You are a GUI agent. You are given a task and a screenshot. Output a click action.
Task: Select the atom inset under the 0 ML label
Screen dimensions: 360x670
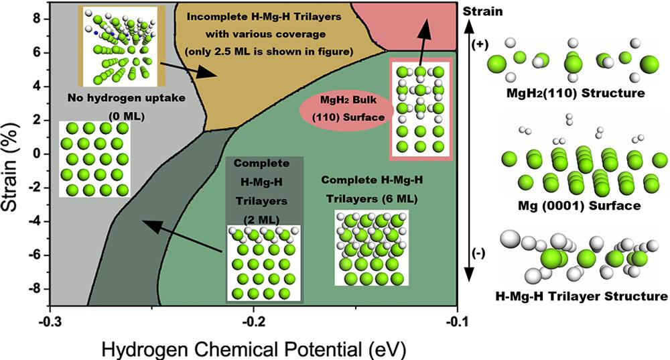pyautogui.click(x=94, y=159)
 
